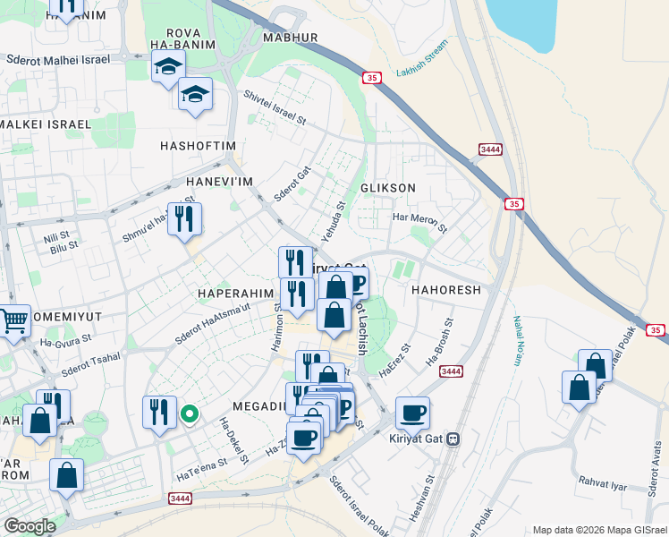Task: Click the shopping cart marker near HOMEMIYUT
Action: coord(13,321)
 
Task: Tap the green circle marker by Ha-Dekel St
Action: coord(189,413)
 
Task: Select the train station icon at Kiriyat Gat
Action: coord(453,439)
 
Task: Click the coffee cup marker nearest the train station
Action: coord(412,413)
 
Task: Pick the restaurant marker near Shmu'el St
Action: coord(184,219)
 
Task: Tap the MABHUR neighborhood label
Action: coord(291,38)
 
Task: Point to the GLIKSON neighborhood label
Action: coord(387,188)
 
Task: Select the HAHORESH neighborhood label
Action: coord(446,291)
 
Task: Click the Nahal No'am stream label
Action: coord(516,340)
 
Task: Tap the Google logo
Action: coord(30,525)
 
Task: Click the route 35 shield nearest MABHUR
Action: coord(371,79)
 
